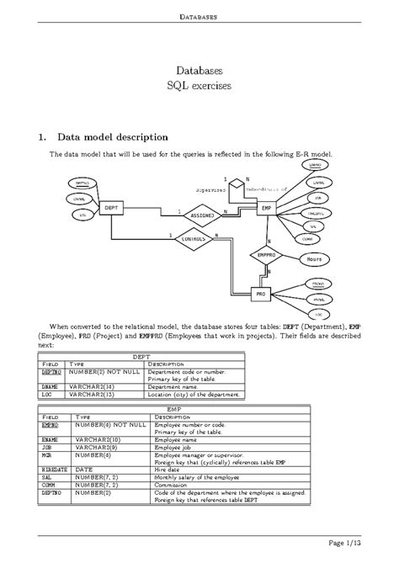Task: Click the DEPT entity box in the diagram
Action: [110, 207]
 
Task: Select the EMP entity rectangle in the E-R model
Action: [266, 207]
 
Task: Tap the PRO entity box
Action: [263, 294]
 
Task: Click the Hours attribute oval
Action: [314, 259]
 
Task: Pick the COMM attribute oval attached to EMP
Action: [316, 238]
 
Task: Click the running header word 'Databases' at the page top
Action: [199, 16]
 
